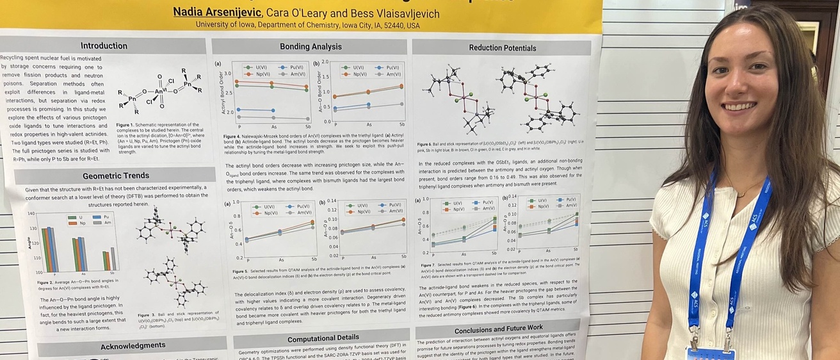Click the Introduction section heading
click(104, 46)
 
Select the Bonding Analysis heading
click(311, 47)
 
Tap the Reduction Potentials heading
click(503, 48)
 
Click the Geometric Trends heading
click(116, 176)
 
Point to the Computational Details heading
click(323, 339)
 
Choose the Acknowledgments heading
click(133, 347)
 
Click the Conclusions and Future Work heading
click(499, 329)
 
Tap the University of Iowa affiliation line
click(307, 26)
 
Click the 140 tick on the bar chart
click(31, 214)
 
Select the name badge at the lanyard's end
click(710, 353)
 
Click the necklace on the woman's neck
click(742, 193)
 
